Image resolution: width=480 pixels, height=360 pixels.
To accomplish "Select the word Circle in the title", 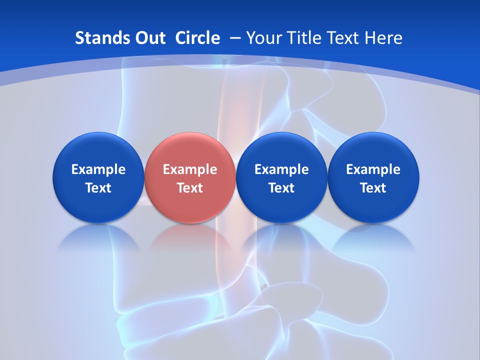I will [197, 38].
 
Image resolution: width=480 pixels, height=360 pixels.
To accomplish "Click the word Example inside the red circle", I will [190, 169].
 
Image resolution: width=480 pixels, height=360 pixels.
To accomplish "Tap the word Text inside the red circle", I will [190, 188].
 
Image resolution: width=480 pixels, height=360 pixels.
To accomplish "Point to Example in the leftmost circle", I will [98, 169].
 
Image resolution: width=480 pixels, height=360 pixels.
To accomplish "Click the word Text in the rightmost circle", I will [373, 188].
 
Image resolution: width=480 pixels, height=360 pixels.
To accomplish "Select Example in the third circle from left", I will [281, 169].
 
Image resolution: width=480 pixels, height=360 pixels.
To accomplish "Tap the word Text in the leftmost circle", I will [98, 188].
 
